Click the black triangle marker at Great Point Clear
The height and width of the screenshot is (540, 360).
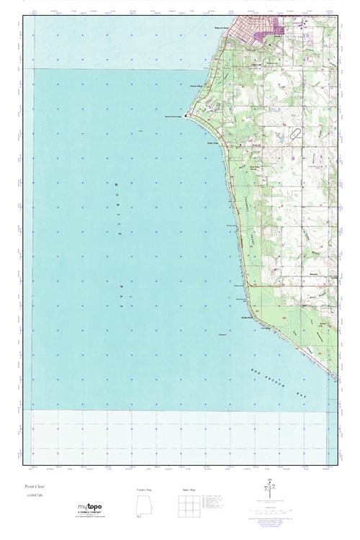pos(188,114)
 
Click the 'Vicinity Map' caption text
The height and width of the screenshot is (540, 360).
pos(145,489)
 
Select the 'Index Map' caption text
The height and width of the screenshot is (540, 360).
pos(188,489)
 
